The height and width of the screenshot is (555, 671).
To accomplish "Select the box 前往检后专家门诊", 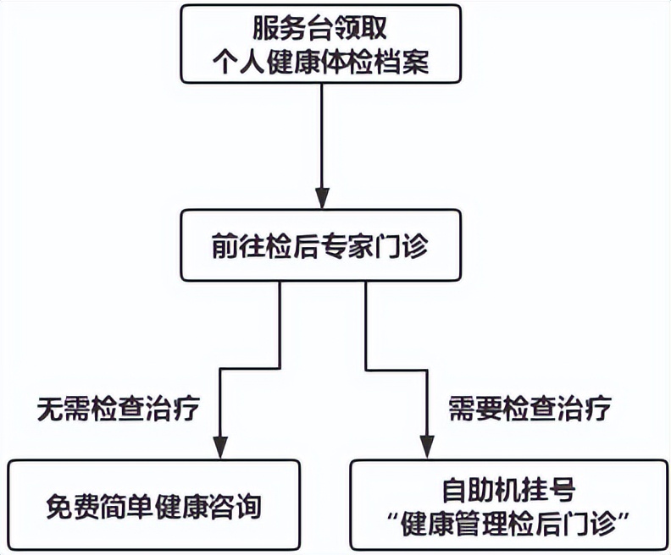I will (x=321, y=246).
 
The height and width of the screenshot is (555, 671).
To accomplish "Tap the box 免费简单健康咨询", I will (x=154, y=506).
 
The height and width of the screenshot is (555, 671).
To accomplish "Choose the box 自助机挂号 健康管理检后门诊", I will (x=509, y=506).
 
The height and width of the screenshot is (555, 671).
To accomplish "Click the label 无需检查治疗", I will (x=119, y=409).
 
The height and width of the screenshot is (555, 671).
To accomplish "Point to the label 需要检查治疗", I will (x=530, y=409).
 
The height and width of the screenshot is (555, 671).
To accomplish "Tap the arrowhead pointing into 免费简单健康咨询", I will (x=219, y=446).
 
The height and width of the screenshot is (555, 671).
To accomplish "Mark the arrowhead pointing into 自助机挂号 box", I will (x=424, y=446).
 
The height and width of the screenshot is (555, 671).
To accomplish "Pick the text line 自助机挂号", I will (x=509, y=490).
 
